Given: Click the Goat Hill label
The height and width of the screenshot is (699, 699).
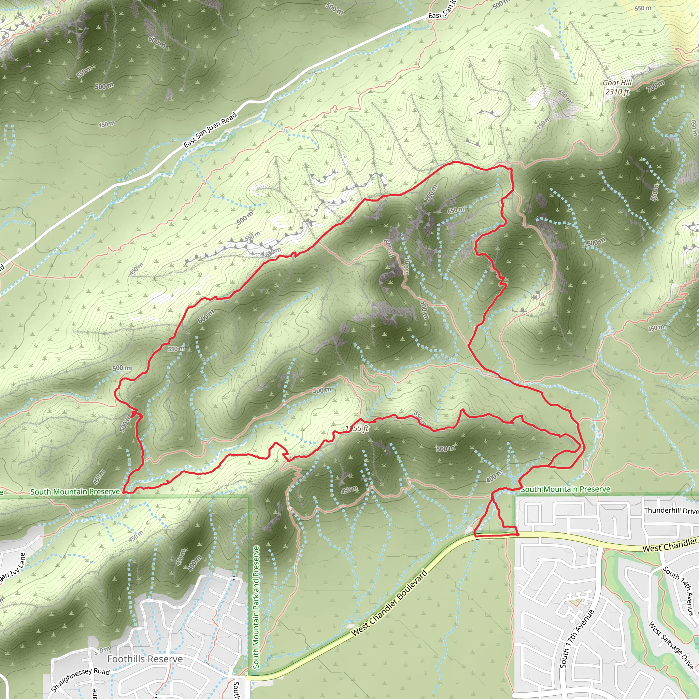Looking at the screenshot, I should [617, 83].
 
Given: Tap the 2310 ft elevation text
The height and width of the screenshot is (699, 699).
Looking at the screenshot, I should [617, 91].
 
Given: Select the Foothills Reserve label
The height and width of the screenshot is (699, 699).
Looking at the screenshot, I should [145, 659].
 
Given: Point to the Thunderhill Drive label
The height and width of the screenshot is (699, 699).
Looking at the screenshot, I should [671, 511].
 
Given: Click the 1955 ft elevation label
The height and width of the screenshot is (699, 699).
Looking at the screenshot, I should [357, 429].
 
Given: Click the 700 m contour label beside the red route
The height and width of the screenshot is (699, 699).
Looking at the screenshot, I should [431, 193].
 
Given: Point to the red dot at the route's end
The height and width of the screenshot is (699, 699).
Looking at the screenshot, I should [518, 534].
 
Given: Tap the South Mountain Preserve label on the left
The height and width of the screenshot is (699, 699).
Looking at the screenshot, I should [75, 492].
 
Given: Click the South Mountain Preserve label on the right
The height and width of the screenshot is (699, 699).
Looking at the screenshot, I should [565, 489].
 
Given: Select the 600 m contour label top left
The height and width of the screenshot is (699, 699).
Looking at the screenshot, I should [157, 42].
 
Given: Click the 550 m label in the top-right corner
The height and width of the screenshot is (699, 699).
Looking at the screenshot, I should [643, 8].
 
